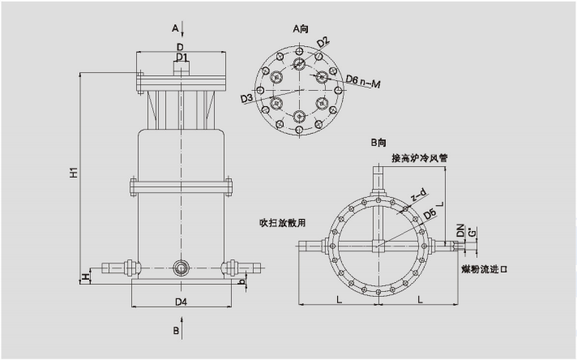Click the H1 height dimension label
click(x=73, y=173)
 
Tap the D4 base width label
click(x=182, y=302)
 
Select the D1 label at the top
click(x=182, y=58)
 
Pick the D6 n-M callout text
click(x=363, y=79)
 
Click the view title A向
click(x=301, y=28)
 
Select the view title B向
click(x=378, y=144)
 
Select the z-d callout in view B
click(x=420, y=195)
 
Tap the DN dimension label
click(x=460, y=233)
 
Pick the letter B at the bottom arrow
click(x=174, y=331)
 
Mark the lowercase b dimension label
click(x=242, y=281)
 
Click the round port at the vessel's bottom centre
click(x=182, y=266)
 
